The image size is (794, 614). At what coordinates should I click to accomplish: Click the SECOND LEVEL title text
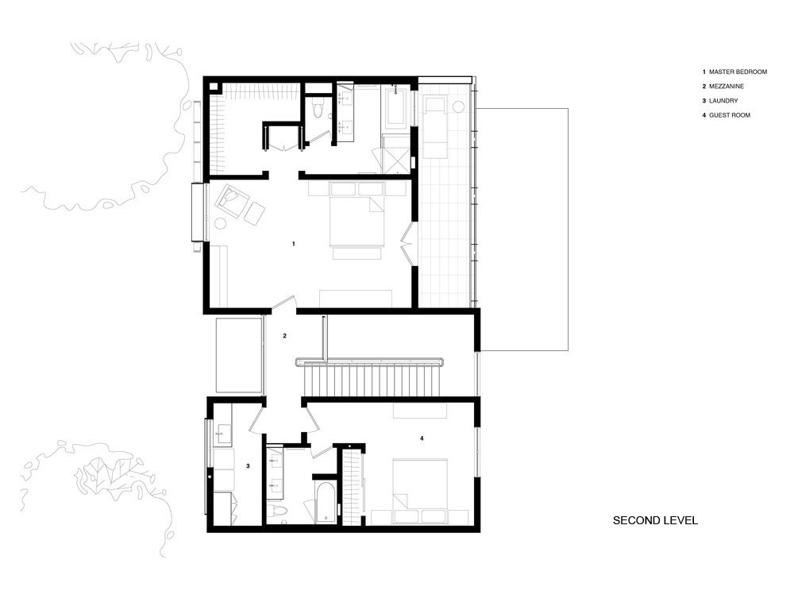click(x=655, y=521)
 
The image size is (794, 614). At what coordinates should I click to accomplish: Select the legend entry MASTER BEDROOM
click(x=738, y=72)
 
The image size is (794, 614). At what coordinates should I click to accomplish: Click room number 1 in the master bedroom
click(x=294, y=243)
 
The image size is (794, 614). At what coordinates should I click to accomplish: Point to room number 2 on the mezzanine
click(x=284, y=336)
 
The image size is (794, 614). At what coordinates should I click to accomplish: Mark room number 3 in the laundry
click(x=248, y=466)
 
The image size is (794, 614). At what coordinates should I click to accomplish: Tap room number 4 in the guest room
click(x=422, y=437)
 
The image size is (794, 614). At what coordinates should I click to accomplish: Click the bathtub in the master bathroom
click(x=397, y=109)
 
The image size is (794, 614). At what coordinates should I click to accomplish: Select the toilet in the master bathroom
click(x=318, y=110)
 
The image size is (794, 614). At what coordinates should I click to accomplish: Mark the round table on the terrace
click(x=458, y=106)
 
